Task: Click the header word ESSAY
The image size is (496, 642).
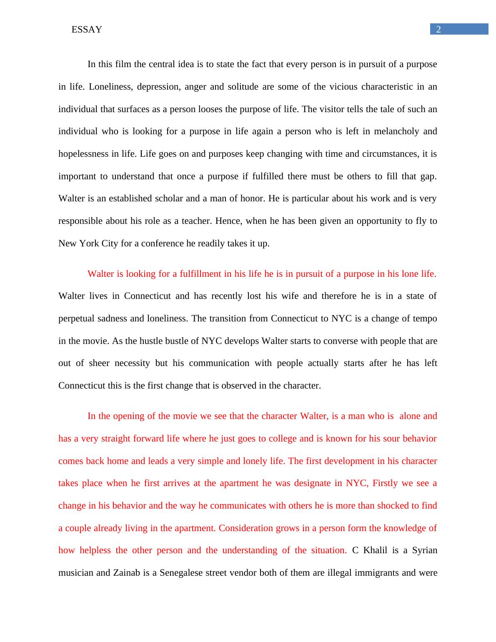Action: click(87, 30)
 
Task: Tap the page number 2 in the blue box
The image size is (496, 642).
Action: click(438, 29)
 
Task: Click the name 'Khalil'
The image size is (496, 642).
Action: click(375, 550)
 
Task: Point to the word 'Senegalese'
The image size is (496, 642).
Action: click(181, 573)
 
